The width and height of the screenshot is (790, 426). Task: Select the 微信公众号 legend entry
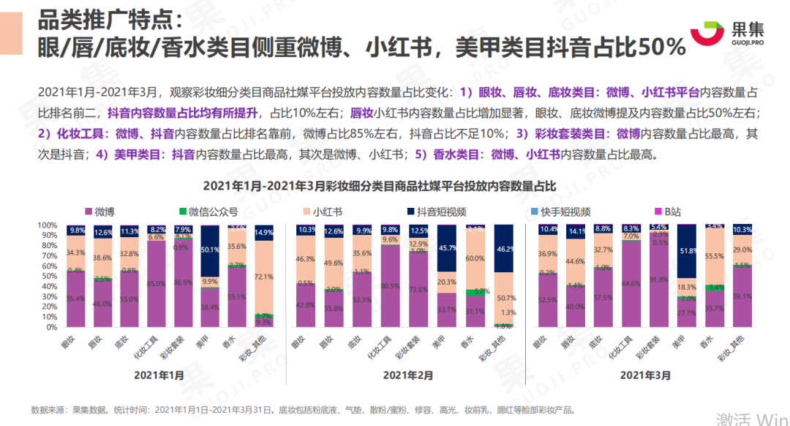pyautogui.click(x=208, y=212)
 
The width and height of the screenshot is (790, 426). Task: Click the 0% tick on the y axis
pyautogui.click(x=51, y=327)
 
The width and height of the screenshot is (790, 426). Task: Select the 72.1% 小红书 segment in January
pyautogui.click(x=263, y=277)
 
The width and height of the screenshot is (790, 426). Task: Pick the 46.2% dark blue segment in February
pyautogui.click(x=503, y=249)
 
